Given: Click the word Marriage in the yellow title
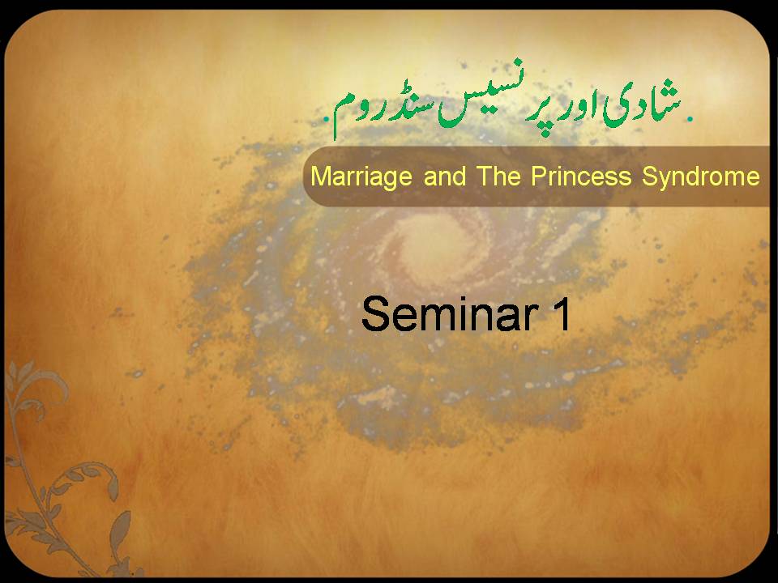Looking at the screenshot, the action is tap(361, 177).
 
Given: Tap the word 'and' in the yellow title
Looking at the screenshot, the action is tap(445, 176).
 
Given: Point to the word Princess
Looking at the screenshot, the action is tap(581, 176).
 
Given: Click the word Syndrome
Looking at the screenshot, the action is tap(700, 177).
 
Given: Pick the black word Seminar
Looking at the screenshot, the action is tap(450, 313).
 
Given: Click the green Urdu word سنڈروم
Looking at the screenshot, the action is tap(384, 112).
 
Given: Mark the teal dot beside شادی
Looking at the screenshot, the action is tap(689, 118).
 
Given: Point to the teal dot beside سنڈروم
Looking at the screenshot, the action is tap(326, 119).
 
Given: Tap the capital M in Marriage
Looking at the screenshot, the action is tap(320, 177).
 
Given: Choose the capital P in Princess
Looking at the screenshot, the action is tap(540, 177).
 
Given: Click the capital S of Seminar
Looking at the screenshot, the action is tap(374, 314).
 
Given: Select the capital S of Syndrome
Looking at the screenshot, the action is tap(651, 177).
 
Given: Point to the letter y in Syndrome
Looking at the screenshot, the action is tap(668, 181).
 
